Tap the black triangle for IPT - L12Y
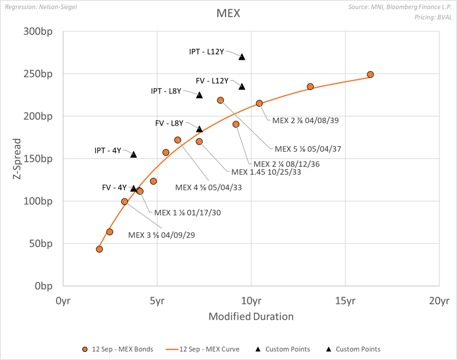point(242,57)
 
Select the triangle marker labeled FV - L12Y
point(242,86)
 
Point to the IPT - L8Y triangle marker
point(199,95)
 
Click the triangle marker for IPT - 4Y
point(134,154)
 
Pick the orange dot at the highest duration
point(371,74)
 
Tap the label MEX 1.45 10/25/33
point(259,171)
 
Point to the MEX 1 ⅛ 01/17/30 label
point(188,212)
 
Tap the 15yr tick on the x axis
point(345,301)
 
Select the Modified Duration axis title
point(251,317)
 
